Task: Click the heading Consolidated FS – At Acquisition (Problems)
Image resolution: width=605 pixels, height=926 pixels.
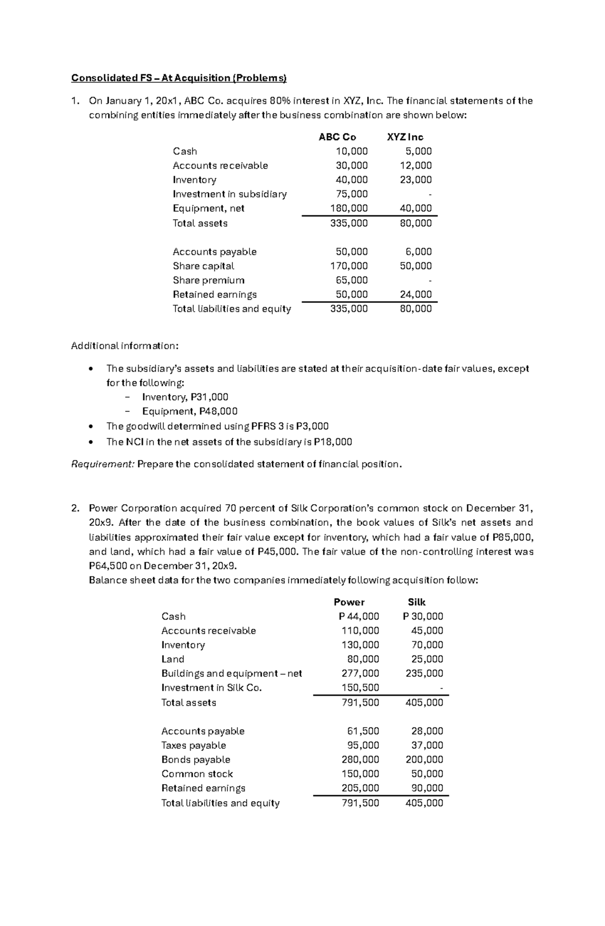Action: point(178,78)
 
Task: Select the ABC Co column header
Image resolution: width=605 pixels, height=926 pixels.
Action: point(337,137)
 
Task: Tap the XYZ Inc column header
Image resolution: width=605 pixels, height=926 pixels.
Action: point(405,137)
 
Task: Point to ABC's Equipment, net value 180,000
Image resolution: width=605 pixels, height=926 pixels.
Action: point(349,208)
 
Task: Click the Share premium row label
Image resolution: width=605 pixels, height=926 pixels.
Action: point(208,280)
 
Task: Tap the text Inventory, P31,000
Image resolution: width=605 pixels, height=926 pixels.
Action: point(185,397)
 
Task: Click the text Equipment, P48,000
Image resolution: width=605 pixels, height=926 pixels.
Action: point(190,411)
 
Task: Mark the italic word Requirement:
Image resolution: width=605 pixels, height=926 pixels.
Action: point(103,464)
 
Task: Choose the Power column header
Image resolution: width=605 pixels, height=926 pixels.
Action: point(349,602)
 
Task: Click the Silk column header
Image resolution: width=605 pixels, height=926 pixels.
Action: point(416,602)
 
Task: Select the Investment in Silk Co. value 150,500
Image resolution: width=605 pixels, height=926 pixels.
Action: point(360,687)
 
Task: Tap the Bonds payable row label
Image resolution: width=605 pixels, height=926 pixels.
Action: point(196,759)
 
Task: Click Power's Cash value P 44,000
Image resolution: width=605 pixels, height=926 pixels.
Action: point(358,616)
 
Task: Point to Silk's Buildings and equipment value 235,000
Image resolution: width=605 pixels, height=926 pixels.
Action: point(424,673)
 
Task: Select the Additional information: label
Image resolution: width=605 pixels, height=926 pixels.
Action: point(125,346)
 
